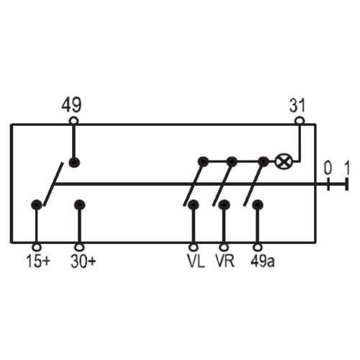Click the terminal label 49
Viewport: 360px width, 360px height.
click(71, 105)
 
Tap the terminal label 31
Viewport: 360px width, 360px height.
click(297, 105)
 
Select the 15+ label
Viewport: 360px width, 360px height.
click(38, 261)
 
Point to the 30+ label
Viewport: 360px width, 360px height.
click(83, 261)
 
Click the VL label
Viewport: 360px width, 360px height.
click(196, 261)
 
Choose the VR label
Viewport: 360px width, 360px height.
click(225, 261)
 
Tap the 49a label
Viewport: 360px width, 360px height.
click(262, 261)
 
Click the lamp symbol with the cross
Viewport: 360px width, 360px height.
click(284, 162)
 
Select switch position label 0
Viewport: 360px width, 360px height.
click(328, 168)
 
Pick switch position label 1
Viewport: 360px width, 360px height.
click(347, 168)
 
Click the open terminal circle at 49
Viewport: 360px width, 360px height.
click(73, 120)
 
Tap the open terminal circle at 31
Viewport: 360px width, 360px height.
click(300, 120)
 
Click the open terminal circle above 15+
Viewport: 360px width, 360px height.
click(37, 247)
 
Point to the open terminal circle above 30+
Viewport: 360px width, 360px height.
click(79, 247)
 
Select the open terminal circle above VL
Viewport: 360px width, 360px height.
click(194, 247)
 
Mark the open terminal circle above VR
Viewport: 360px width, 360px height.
click(224, 247)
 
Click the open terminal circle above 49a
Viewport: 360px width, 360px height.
click(258, 247)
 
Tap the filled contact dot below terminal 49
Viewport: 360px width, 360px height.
click(74, 163)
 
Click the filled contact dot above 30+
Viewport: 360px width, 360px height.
click(79, 205)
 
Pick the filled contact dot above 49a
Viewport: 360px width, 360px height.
click(258, 205)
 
